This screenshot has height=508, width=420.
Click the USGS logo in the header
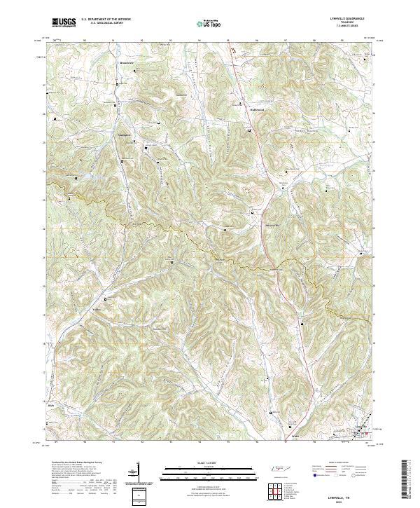tap(64, 22)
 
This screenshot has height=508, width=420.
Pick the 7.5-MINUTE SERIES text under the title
tap(351, 27)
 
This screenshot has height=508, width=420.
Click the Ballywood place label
tap(256, 109)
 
